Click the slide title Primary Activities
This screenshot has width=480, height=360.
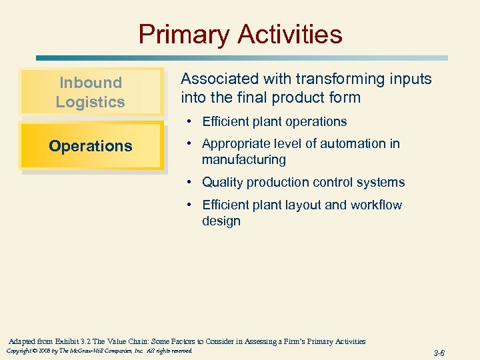point(240,34)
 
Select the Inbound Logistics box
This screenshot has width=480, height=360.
point(91,92)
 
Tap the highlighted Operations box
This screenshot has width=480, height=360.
point(91,146)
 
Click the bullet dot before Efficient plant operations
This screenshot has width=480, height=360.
point(191,122)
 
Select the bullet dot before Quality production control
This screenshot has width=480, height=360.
point(191,183)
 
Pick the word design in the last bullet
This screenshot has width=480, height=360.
point(221,221)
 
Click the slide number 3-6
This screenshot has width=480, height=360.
point(439,353)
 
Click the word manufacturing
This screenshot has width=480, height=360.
point(244,160)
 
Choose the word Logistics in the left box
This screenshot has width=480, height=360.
point(91,102)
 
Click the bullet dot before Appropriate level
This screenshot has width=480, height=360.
point(191,144)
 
